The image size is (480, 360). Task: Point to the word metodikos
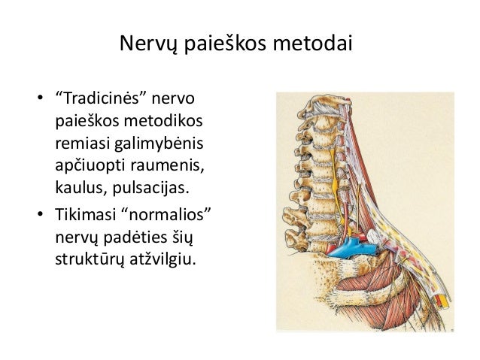click(163, 120)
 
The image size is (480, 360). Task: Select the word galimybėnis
click(159, 144)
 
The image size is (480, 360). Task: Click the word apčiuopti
click(90, 166)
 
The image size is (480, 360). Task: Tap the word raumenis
click(168, 166)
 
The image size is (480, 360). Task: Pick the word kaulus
click(81, 187)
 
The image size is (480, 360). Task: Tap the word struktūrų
click(90, 260)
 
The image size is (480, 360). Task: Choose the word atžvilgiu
click(163, 260)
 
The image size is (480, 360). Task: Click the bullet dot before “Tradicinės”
click(40, 98)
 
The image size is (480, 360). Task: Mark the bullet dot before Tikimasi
click(40, 213)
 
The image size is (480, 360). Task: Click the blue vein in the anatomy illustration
click(352, 248)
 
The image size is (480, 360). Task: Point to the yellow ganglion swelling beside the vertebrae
click(335, 183)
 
